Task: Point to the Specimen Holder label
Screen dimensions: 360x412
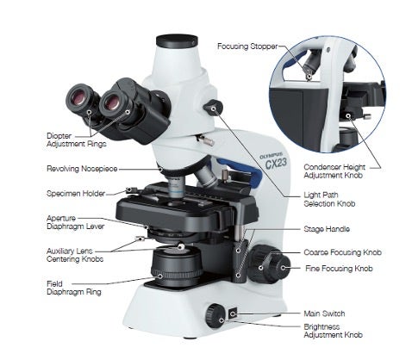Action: click(75, 193)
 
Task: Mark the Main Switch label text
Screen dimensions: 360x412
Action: click(323, 313)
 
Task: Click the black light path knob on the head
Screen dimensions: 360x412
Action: click(212, 108)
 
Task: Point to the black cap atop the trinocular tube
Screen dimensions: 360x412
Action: click(177, 40)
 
